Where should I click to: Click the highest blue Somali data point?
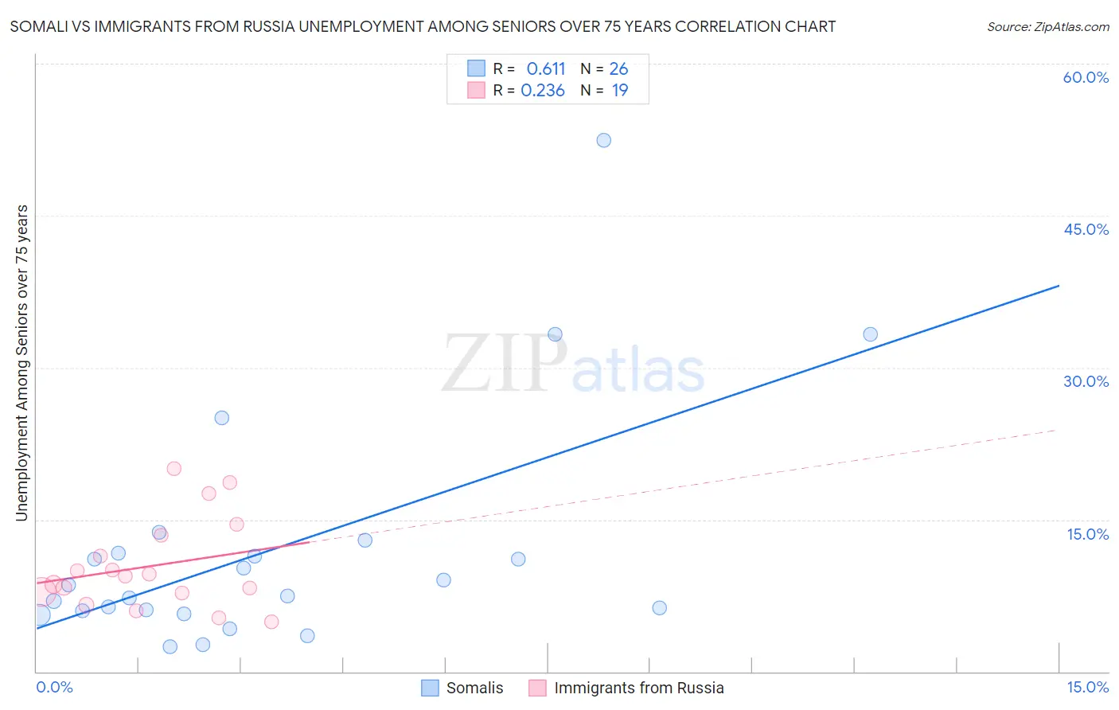coord(603,140)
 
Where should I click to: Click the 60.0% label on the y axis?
coord(1086,77)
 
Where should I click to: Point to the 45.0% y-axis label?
coord(1086,229)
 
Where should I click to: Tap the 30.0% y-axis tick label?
coord(1086,381)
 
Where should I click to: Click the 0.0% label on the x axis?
coord(54,687)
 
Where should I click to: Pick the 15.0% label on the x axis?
coord(1087,687)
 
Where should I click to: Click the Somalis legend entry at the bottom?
coord(474,688)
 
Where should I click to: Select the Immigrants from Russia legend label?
coord(638,688)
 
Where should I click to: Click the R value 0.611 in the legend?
coord(545,69)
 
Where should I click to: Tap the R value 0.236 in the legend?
coord(543,91)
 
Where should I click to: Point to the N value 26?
coord(618,69)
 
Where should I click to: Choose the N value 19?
coord(620,91)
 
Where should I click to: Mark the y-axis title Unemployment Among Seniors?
coord(21,363)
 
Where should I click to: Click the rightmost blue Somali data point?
coord(870,334)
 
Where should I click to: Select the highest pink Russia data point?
coord(174,469)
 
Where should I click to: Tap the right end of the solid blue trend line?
coord(1059,285)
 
